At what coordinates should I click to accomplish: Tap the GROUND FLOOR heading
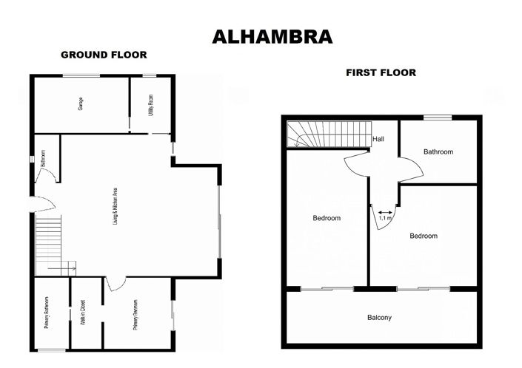104,55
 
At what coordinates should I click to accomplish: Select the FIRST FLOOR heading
381,72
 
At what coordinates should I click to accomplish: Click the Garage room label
81,104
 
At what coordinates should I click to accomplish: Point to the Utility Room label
150,104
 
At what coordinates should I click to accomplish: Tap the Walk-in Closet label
86,312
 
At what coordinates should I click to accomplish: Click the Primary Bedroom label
136,312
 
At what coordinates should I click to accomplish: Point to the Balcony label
379,318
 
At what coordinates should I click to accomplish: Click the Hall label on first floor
378,138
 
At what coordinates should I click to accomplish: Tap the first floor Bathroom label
438,151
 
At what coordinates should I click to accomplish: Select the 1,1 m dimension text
385,218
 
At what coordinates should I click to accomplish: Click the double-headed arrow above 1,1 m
385,211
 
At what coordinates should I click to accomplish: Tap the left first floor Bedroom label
326,218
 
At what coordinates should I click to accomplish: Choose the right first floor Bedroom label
424,236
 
